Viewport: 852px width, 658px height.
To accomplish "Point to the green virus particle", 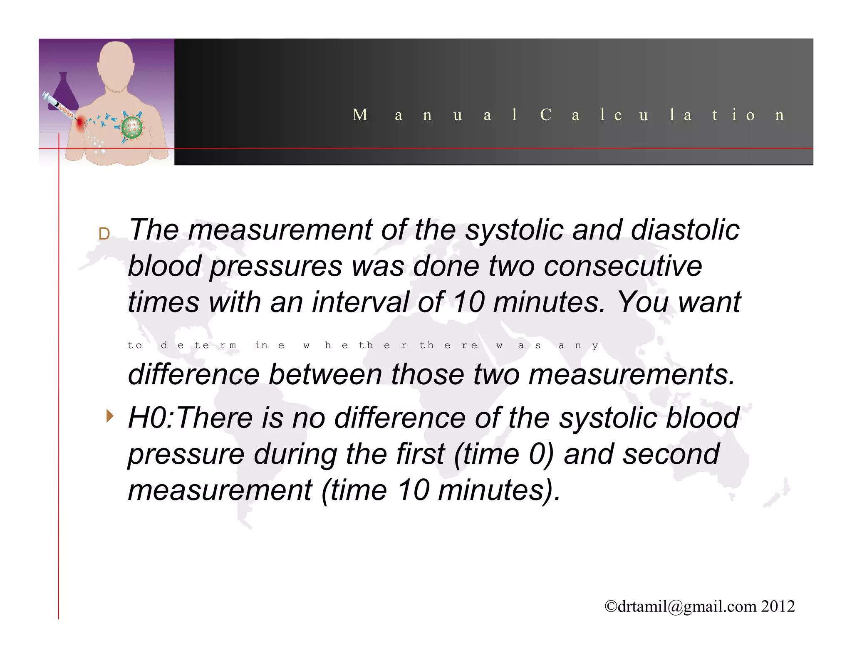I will point(132,128).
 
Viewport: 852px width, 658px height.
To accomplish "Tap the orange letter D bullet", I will point(104,234).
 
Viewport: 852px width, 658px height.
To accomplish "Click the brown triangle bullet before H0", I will point(109,416).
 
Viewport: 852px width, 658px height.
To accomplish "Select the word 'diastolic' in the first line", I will point(685,230).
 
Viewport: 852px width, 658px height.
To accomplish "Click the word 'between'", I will point(325,374).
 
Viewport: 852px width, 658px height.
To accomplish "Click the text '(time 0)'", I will point(503,454).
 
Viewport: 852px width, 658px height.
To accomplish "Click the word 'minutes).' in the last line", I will point(499,490).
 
